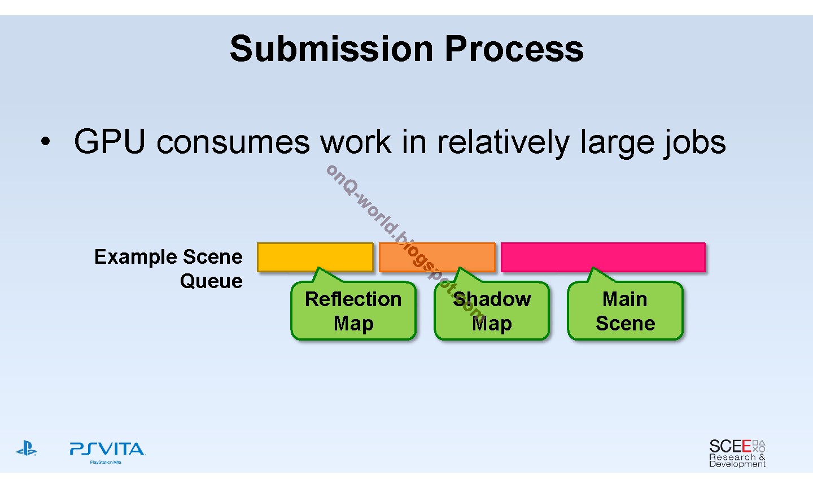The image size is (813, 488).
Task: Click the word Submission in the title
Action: (332, 49)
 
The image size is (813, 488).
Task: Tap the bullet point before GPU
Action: (46, 142)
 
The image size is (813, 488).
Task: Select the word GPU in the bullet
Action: (110, 142)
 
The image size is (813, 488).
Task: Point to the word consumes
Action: (233, 142)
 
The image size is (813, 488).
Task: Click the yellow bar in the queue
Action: (315, 257)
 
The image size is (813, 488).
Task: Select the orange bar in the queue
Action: (437, 257)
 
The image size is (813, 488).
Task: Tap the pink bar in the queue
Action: (603, 257)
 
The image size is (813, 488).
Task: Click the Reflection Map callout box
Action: (353, 311)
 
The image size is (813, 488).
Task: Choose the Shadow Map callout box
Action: (492, 311)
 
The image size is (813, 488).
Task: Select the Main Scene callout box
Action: (625, 311)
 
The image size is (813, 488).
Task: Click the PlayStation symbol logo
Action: (27, 449)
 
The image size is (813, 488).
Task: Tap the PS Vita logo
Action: (107, 450)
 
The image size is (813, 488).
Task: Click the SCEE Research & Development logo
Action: (737, 453)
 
